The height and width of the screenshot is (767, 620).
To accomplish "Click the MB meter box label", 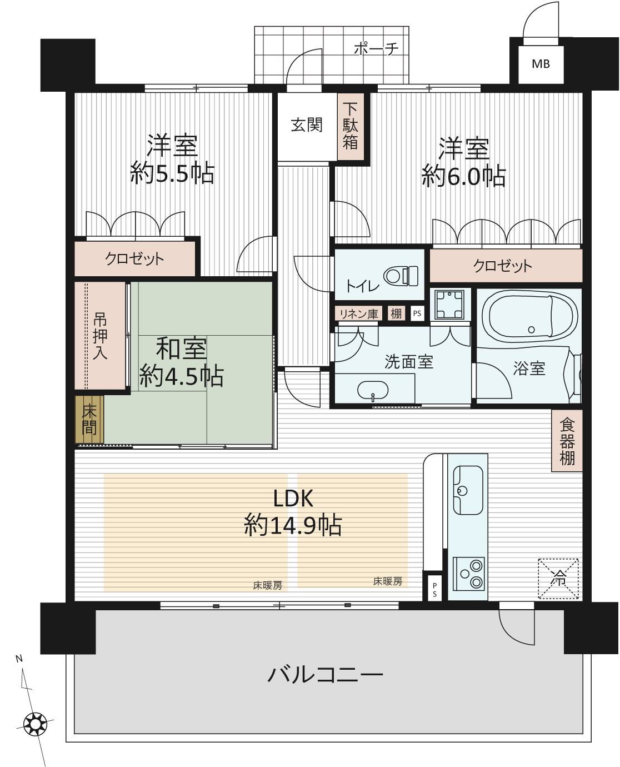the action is click(541, 64).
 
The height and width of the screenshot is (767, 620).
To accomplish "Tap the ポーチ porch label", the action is click(377, 48).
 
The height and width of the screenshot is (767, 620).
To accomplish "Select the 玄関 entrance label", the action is click(307, 125).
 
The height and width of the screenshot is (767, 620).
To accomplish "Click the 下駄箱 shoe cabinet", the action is click(351, 126).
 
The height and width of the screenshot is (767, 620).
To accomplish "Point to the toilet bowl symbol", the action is click(401, 276).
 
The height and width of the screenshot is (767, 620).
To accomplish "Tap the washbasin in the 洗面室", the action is click(373, 390).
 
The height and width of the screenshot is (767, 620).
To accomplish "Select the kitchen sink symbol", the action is click(468, 490).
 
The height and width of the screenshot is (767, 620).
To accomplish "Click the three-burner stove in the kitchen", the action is click(468, 574).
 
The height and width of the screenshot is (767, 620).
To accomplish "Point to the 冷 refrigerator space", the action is click(558, 579).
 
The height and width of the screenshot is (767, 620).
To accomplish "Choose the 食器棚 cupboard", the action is click(567, 441).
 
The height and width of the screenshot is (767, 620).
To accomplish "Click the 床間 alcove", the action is click(89, 420).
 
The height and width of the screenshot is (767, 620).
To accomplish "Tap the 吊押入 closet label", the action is click(99, 336).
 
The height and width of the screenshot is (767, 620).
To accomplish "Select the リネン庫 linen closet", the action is click(358, 313).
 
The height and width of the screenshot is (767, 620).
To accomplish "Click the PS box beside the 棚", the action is click(417, 313).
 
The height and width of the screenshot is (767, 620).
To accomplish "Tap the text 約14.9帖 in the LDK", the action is click(293, 525).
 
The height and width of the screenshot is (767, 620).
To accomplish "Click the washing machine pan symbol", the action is click(449, 304).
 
